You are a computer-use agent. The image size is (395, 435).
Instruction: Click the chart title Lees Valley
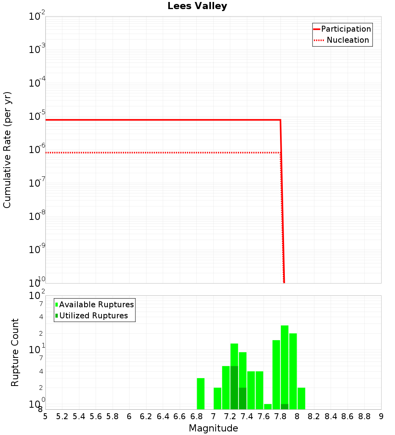pos(197,6)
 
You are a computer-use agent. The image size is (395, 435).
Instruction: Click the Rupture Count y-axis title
pos(15,352)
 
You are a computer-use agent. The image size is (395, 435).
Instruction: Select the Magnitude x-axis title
pos(213,428)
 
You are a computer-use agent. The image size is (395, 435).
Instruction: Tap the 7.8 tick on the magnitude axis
pos(280,416)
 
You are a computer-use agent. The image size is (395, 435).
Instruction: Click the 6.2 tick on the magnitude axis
pos(146,416)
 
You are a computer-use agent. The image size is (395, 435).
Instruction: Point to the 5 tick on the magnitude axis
pos(45,416)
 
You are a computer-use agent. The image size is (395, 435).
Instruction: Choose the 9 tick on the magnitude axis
pos(381,416)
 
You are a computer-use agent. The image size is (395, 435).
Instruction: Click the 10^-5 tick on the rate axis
pos(37,117)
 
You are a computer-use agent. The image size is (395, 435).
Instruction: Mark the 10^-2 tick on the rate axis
pos(37,17)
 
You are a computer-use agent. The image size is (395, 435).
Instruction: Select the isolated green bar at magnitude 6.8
pos(201,393)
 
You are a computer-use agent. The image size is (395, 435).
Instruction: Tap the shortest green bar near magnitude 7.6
pos(268,407)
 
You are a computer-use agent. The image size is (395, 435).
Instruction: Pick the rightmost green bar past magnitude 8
pos(301,398)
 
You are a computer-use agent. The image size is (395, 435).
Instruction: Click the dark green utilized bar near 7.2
pos(234,388)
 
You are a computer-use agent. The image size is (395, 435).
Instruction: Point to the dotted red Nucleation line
pos(158,153)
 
